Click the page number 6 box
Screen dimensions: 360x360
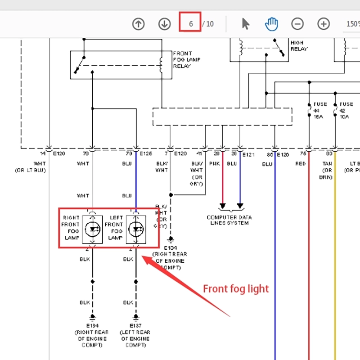click(191, 24)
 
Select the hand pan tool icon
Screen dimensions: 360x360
click(271, 24)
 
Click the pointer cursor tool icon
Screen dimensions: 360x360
click(246, 24)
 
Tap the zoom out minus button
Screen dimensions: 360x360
click(297, 24)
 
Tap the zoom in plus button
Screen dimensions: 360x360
click(324, 24)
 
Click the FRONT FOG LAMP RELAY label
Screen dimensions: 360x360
click(186, 59)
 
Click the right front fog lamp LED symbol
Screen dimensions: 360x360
click(92, 229)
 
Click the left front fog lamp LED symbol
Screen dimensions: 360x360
click(136, 229)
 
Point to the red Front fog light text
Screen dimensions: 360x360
click(236, 289)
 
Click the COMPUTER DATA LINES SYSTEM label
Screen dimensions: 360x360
click(229, 220)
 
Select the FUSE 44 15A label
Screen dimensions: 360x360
click(320, 110)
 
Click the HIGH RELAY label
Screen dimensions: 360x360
click(299, 46)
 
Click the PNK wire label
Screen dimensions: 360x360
click(214, 164)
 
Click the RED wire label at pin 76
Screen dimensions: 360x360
click(301, 164)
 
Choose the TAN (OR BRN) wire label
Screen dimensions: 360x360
click(327, 171)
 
